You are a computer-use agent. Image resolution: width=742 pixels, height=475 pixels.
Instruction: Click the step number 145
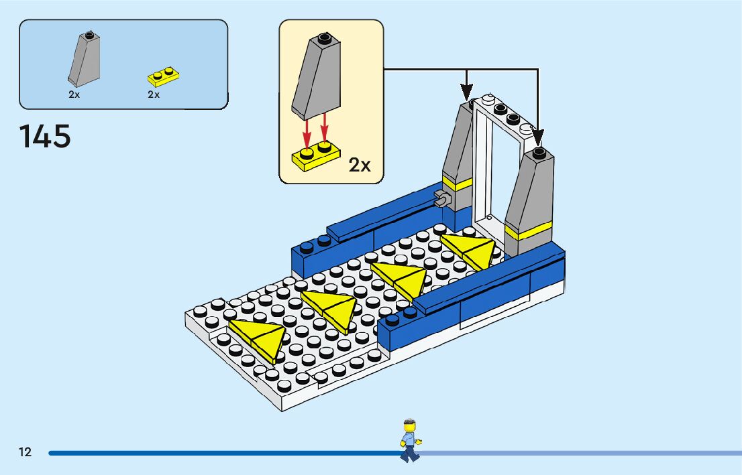(45, 137)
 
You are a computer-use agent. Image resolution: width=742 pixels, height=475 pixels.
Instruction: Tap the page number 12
(25, 452)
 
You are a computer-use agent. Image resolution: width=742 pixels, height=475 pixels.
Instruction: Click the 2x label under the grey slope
(74, 95)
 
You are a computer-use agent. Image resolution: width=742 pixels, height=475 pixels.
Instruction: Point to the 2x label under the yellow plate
(154, 95)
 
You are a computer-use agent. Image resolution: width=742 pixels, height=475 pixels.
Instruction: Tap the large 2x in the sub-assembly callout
(360, 165)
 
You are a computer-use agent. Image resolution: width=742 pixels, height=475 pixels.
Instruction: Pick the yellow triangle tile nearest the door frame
(469, 250)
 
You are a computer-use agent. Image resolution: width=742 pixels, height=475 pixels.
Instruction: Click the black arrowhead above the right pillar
(538, 137)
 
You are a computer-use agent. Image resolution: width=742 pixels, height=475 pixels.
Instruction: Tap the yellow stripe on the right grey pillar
(527, 230)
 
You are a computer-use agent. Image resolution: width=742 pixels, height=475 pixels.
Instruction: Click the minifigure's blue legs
(408, 454)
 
